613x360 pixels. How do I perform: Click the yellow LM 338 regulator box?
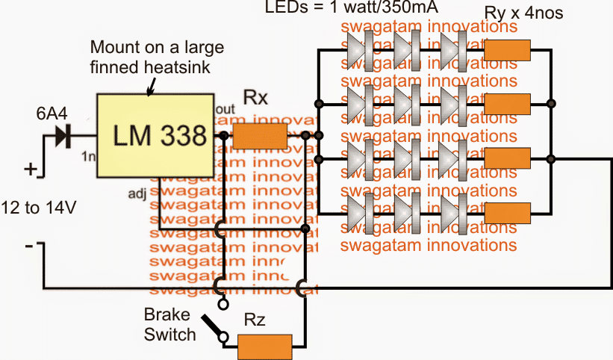(x=160, y=136)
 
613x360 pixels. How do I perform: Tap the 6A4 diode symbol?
(x=65, y=136)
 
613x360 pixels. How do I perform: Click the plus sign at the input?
(x=30, y=169)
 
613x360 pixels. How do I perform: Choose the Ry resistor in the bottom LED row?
(x=508, y=212)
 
